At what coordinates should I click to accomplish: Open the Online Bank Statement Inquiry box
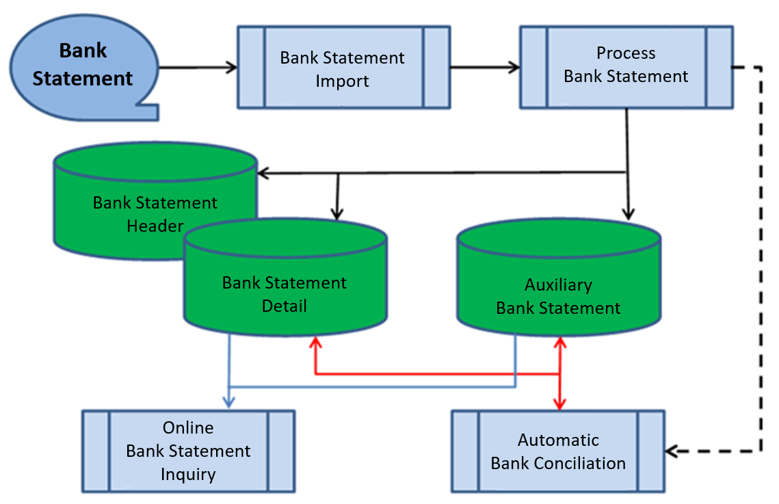188,451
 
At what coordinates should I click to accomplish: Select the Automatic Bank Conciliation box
558,451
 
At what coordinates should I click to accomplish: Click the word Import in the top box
342,81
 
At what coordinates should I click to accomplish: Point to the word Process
626,53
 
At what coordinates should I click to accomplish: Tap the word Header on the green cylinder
155,226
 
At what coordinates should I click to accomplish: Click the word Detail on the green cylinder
285,306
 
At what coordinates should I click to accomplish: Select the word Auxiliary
558,285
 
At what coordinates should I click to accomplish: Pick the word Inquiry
188,474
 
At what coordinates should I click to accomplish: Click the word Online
188,428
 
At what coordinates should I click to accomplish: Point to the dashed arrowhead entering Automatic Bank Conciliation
672,451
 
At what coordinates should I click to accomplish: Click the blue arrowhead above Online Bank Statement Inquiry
230,403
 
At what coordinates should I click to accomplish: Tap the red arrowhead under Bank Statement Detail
315,342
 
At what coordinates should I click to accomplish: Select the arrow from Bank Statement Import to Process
484,67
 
